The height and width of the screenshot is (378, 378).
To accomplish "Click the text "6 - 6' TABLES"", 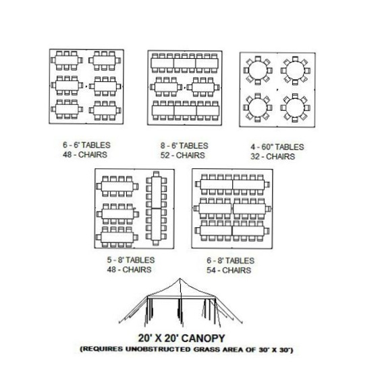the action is coord(86,145).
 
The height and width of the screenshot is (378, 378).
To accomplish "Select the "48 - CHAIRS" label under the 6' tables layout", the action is coord(85,155).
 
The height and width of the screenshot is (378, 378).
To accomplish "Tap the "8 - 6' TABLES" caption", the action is coord(184,145).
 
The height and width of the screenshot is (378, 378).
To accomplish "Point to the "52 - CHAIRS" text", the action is coord(183,156).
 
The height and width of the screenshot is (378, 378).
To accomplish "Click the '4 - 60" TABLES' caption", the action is coord(277,147).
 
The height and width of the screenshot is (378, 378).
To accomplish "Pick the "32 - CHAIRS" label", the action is coord(273,156).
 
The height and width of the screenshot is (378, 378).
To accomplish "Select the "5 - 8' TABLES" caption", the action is coord(131,260).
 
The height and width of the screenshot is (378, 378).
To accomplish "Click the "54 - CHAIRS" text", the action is coord(229,270).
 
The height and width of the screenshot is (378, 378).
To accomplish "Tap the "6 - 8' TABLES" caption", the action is coord(230,260).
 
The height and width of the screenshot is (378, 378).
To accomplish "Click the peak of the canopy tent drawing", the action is coord(180,279).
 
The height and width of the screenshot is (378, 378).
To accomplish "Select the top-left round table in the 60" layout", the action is coord(258,70).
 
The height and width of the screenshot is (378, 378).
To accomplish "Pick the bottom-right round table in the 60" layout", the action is coord(295,108).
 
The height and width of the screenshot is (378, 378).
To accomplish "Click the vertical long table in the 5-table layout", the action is coord(156,208).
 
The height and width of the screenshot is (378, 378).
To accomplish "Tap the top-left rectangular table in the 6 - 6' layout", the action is coord(67,60).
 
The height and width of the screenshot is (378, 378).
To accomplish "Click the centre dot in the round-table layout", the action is coord(277,90).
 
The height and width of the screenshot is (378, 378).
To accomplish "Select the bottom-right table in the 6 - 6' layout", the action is coord(105,110).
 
